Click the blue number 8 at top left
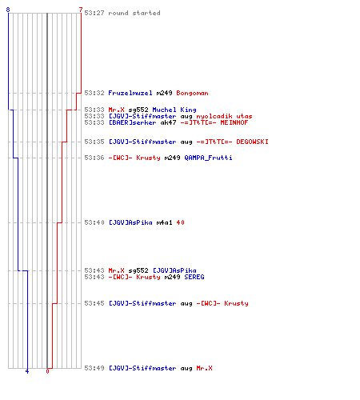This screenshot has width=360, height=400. tap(8, 10)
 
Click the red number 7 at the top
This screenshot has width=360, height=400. tap(81, 10)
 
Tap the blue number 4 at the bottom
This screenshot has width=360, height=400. tap(27, 371)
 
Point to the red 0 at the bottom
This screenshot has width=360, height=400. tap(47, 371)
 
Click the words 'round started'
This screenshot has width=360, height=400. tap(134, 13)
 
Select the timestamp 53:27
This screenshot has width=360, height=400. tap(94, 13)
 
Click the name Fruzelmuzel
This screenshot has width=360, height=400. tap(130, 93)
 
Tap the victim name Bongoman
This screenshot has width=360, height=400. tap(192, 93)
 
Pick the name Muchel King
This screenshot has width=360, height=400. tap(174, 110)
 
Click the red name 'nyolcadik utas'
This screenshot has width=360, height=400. tap(224, 116)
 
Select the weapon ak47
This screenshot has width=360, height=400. tap(168, 122)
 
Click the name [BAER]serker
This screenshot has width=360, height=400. tap(132, 122)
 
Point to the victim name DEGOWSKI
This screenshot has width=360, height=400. tap(252, 142)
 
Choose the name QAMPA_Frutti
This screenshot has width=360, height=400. tap(208, 158)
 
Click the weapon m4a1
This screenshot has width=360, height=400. tap(164, 222)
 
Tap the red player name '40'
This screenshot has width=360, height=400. tap(180, 222)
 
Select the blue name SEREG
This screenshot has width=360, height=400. tap(194, 277)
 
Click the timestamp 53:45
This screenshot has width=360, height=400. tap(94, 303)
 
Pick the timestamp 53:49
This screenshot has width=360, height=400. tap(94, 368)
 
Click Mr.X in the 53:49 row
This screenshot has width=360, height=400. tap(204, 368)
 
